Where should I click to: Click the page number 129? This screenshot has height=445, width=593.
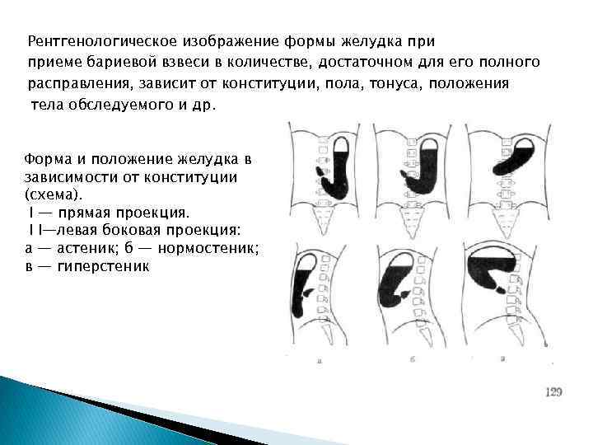click(553, 392)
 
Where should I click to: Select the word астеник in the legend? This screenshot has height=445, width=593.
click(91, 249)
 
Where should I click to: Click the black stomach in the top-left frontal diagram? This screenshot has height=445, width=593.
click(339, 174)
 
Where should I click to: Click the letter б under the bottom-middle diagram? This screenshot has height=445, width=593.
click(410, 360)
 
